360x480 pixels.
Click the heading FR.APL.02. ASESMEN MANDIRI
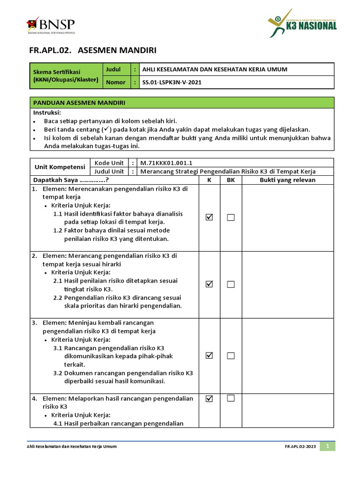pyautogui.click(x=93, y=50)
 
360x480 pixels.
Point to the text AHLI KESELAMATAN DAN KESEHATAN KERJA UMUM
pyautogui.click(x=215, y=69)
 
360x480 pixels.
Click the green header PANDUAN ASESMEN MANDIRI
pyautogui.click(x=79, y=103)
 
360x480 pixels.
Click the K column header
pyautogui.click(x=209, y=180)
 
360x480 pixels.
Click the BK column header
pyautogui.click(x=230, y=180)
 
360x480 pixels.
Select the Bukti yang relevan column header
pyautogui.click(x=287, y=180)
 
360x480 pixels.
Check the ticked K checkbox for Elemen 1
pyautogui.click(x=209, y=217)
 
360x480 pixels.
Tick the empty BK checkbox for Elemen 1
pyautogui.click(x=231, y=217)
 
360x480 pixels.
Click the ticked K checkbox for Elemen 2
pyautogui.click(x=209, y=284)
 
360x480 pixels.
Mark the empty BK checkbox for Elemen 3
pyautogui.click(x=231, y=356)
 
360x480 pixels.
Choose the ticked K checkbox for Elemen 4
pyautogui.click(x=209, y=398)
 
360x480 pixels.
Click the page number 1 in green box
pyautogui.click(x=328, y=446)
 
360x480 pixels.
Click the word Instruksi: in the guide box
pyautogui.click(x=47, y=113)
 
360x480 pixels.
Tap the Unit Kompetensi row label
pyautogui.click(x=60, y=167)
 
